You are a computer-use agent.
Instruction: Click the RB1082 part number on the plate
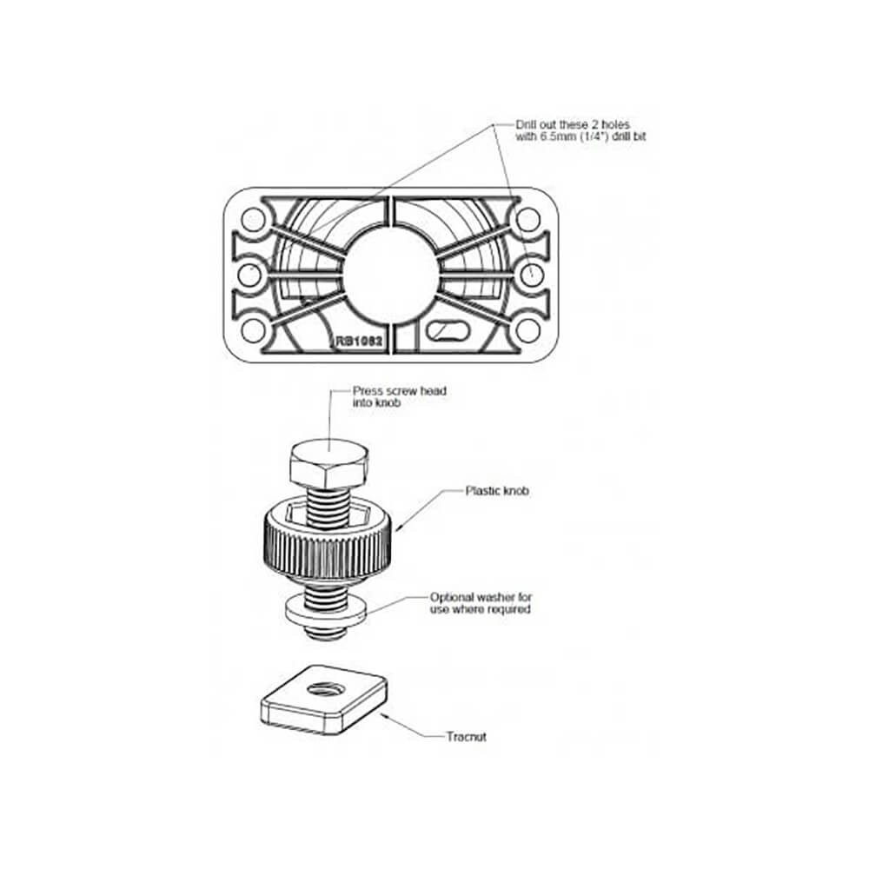(359, 341)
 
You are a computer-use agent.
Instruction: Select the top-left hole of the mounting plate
(253, 220)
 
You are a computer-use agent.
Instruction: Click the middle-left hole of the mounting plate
(249, 275)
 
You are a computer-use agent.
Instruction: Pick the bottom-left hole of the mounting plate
(253, 331)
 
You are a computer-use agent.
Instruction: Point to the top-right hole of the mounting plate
(527, 220)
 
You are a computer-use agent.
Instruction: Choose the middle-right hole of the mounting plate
(531, 275)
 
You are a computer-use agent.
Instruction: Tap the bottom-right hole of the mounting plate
(527, 331)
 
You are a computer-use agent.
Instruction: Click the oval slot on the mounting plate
(448, 330)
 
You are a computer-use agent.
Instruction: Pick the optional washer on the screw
(327, 611)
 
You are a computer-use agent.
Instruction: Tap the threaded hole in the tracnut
(327, 690)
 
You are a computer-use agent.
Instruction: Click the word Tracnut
(467, 737)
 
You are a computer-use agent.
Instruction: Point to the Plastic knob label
(497, 490)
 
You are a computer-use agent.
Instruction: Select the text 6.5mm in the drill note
(559, 137)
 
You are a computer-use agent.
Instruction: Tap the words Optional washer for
(481, 598)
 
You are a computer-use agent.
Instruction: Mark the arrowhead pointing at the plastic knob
(400, 529)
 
